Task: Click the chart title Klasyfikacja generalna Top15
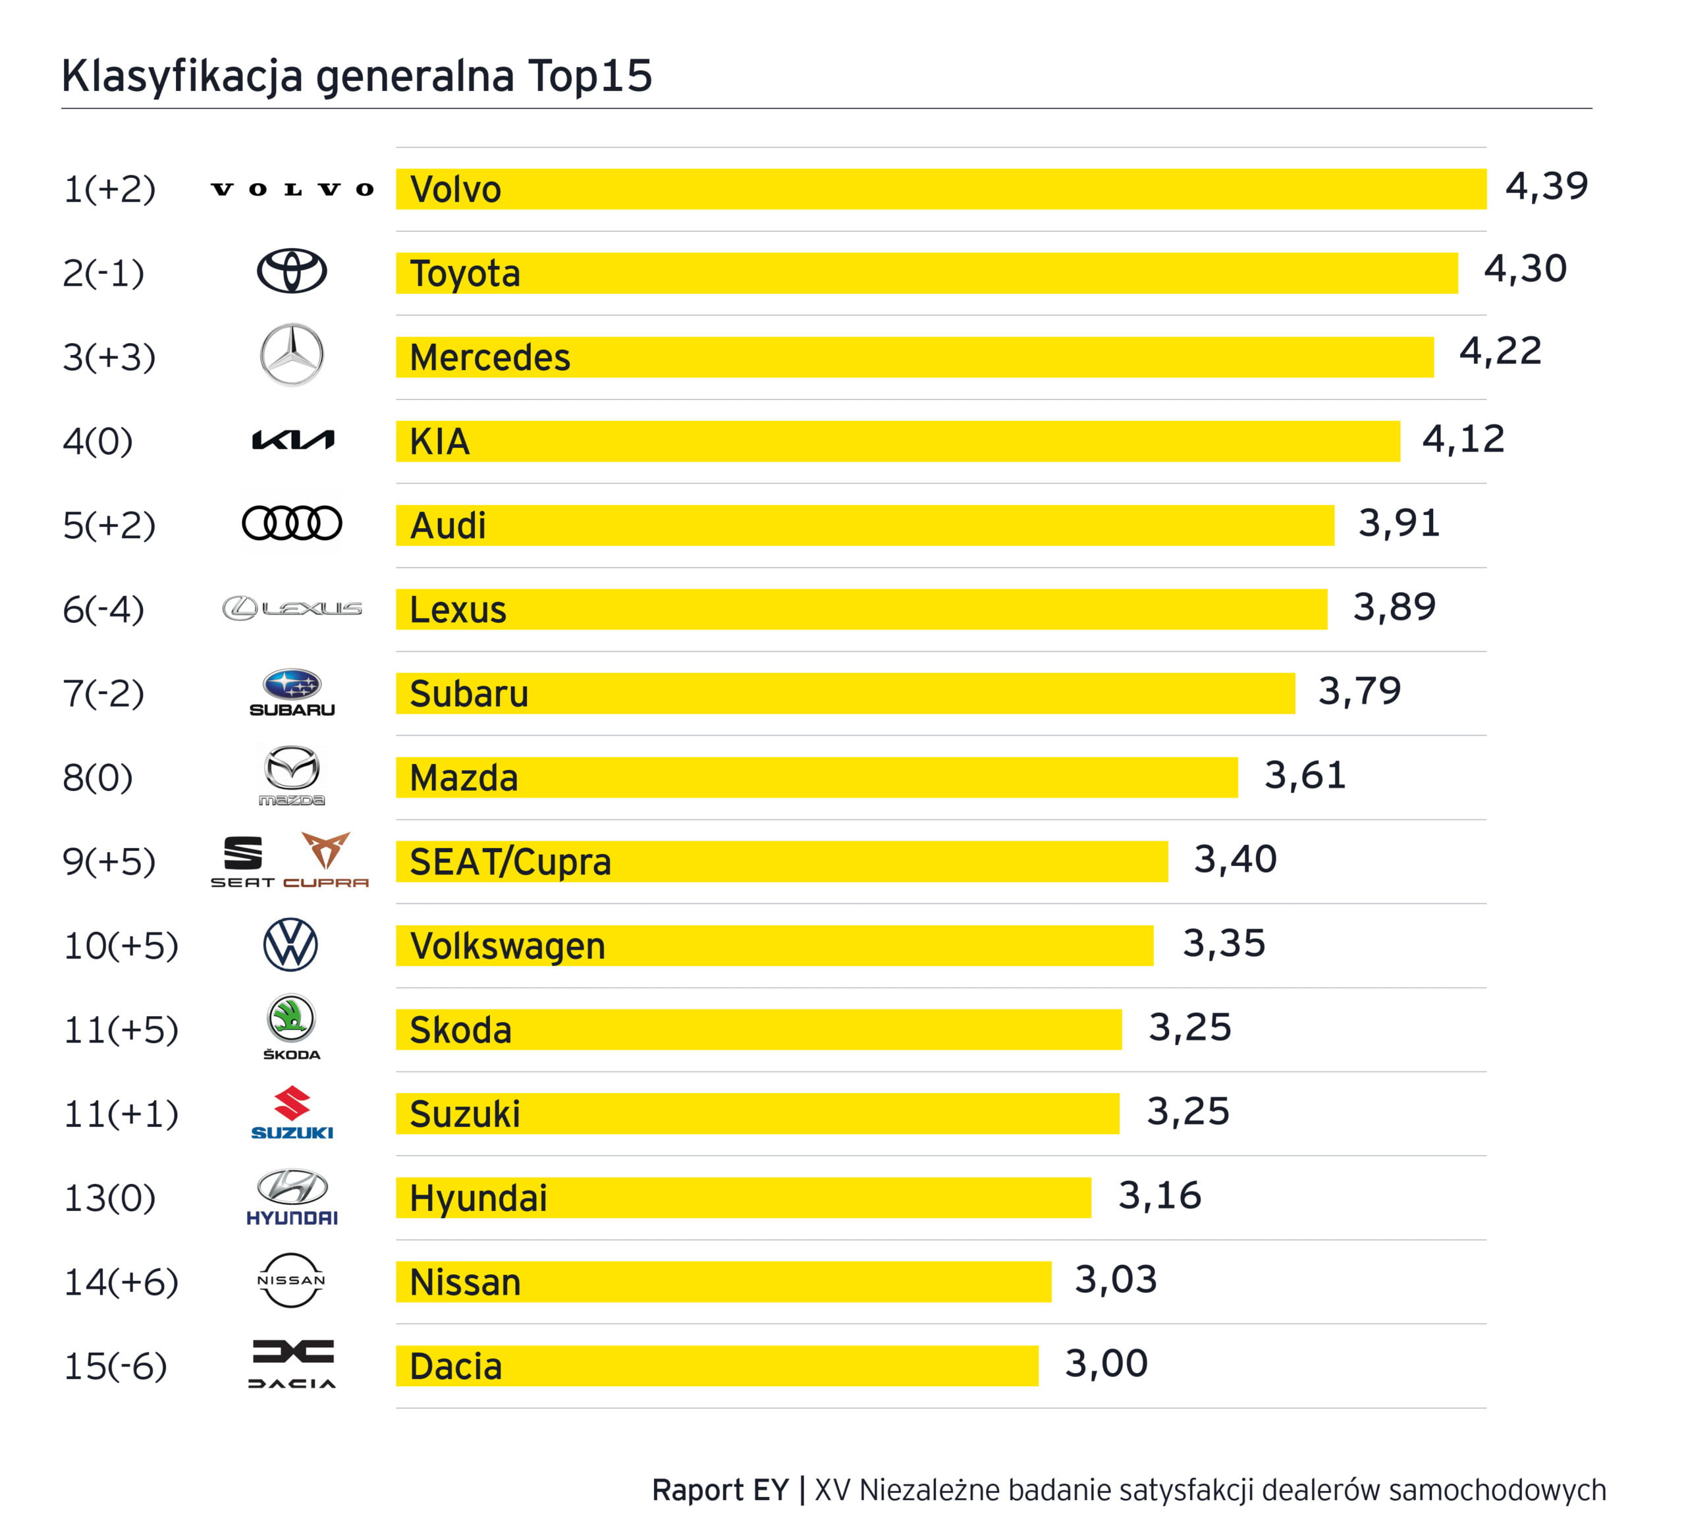pos(356,76)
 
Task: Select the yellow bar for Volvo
pos(941,189)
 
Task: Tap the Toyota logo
pos(291,271)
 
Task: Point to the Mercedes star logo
pos(291,355)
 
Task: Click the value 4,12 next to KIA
pos(1463,439)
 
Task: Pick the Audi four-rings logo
pos(291,524)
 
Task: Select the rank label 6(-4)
pos(103,609)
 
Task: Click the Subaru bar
pos(845,693)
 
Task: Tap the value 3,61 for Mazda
pos(1305,775)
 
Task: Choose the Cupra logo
pos(325,858)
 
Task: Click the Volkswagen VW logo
pos(290,945)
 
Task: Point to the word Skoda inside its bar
pos(460,1030)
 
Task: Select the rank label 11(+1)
pos(121,1114)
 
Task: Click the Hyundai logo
pos(292,1197)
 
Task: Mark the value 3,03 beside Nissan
pos(1116,1280)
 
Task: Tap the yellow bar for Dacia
pos(717,1366)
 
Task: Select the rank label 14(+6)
pos(121,1282)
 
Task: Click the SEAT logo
pos(242,860)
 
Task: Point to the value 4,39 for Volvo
pos(1546,186)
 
